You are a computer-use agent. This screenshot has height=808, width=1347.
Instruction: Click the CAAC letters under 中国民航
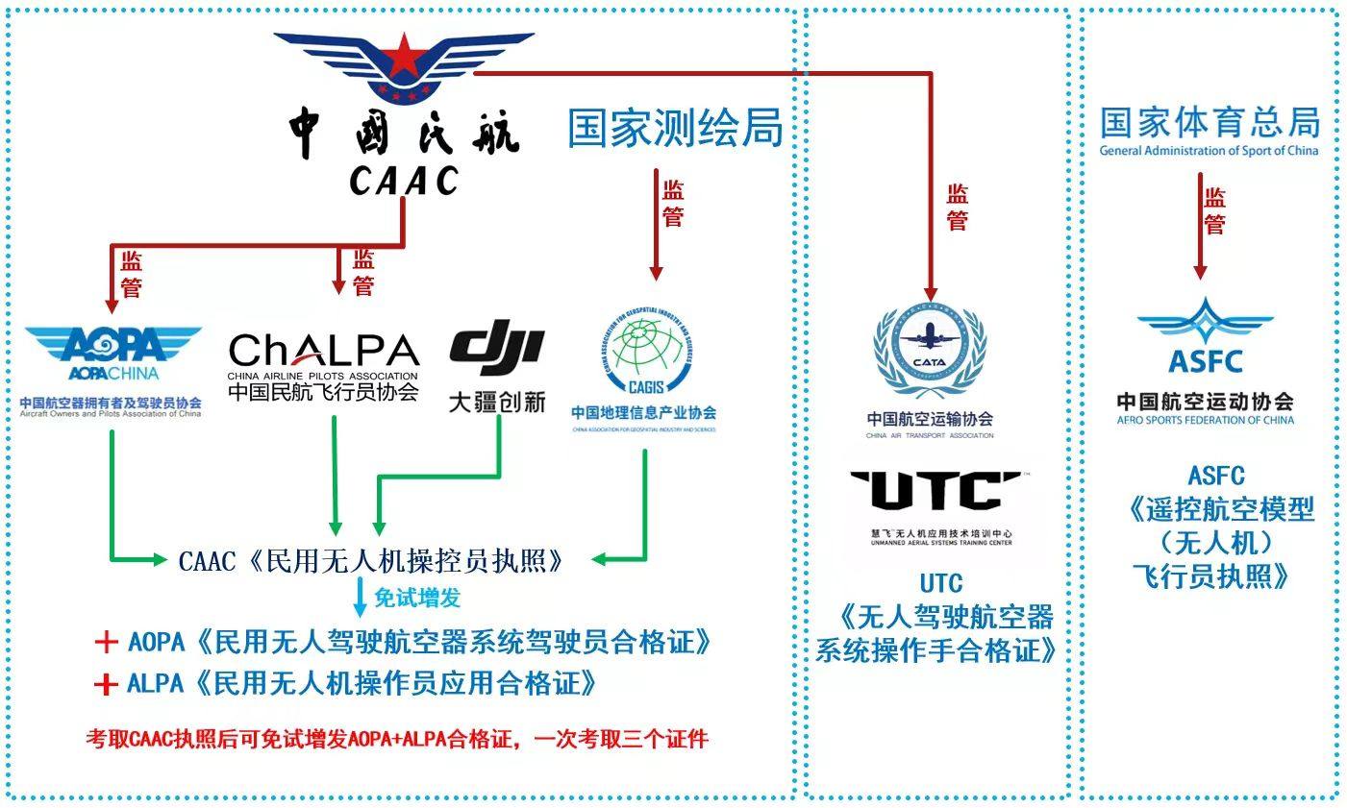pos(404,180)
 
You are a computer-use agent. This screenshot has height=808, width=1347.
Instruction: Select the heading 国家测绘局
pos(675,128)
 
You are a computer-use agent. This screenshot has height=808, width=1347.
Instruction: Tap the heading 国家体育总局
pos(1210,124)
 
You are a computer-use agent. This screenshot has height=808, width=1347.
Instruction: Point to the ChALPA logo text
pos(324,352)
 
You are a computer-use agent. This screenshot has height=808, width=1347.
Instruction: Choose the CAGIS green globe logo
pos(644,355)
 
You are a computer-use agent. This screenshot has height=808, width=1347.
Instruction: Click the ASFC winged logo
pos(1205,336)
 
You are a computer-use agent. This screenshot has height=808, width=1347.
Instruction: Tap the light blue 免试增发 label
pos(416,598)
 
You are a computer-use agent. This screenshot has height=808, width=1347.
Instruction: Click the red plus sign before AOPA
pos(106,642)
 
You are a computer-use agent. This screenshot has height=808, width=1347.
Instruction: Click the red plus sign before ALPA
pos(106,684)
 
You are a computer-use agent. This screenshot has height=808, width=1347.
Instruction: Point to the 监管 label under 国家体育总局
pos(1215,211)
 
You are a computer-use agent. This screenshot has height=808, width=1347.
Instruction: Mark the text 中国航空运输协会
pos(929,419)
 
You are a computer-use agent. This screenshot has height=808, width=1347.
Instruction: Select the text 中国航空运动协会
pos(1205,402)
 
